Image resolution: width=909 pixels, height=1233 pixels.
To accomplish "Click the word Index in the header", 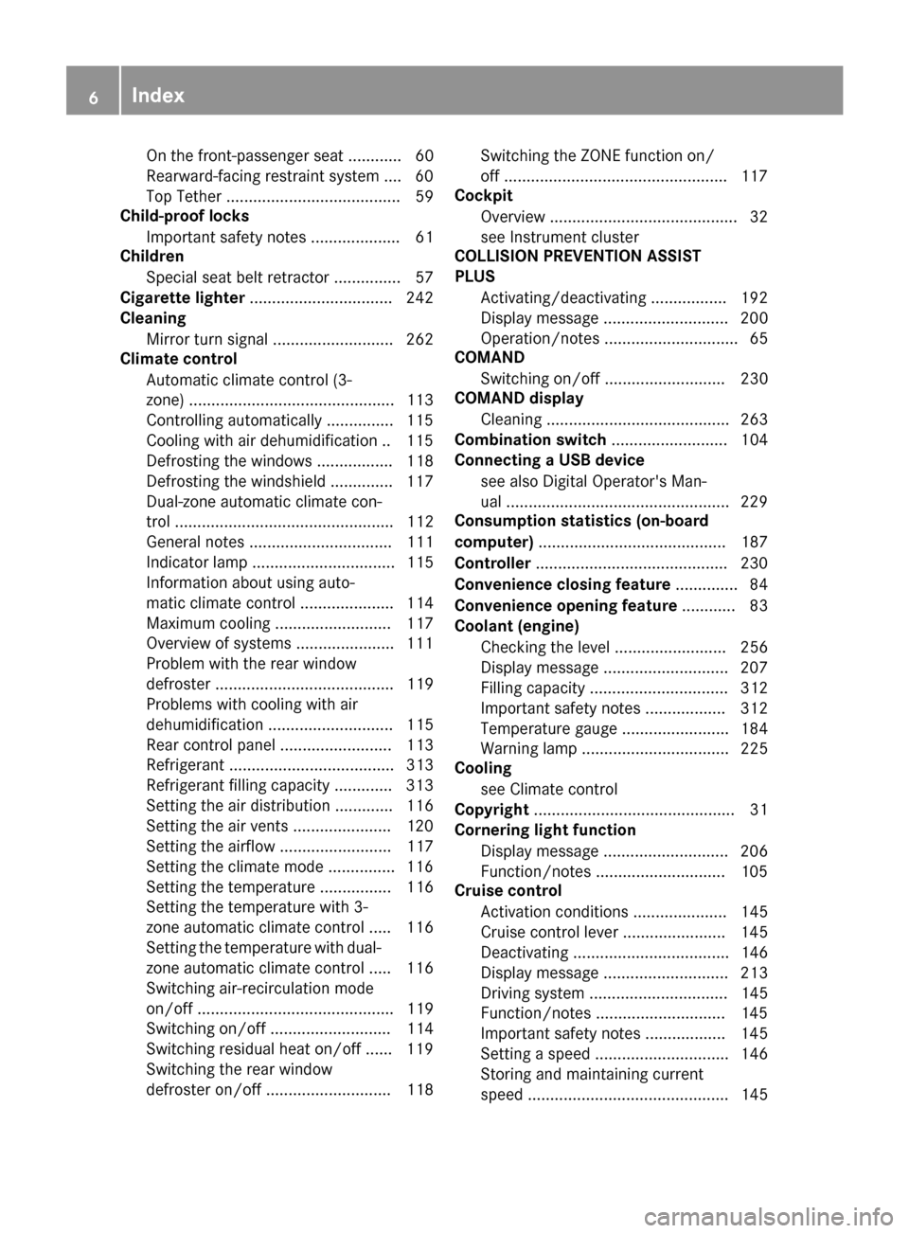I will pos(158,95).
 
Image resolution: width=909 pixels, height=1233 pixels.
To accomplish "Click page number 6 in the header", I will pos(93,96).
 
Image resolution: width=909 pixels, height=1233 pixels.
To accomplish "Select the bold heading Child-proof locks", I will pos(185,216).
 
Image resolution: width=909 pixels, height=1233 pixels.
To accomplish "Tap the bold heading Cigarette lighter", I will pos(182,297).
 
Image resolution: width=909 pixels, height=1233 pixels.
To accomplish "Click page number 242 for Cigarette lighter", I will pos(419,297).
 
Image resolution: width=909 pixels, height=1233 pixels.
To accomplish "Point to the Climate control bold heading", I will pos(178,359).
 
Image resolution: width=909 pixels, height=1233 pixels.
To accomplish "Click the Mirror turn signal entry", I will pos(206,339).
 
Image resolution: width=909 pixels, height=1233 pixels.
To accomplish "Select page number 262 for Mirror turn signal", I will pos(419,339).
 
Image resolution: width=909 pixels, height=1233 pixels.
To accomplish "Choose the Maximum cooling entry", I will pos(208,623).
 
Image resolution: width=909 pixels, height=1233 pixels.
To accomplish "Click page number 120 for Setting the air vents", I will pos(419,826).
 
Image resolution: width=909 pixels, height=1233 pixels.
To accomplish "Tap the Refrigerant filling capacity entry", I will pos(238,785).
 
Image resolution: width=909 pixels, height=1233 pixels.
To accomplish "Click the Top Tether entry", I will pos(184,196).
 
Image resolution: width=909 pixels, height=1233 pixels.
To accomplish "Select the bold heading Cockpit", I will pos(483,196).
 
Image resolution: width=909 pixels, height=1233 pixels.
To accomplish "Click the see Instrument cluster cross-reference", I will pos(559,237).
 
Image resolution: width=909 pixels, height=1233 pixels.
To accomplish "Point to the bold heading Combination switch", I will pos(530,439).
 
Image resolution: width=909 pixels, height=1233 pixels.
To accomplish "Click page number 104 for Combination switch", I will pos(754,439).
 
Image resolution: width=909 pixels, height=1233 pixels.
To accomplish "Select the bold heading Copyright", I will pos(491,810).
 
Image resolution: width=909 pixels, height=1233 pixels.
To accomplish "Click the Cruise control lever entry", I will pos(549,932).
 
